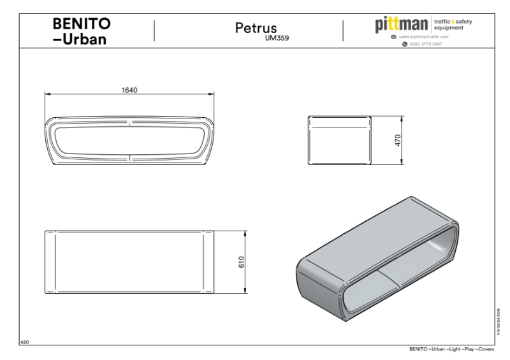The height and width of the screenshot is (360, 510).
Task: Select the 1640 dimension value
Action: click(129, 90)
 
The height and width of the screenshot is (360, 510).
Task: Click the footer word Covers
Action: click(493, 350)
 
